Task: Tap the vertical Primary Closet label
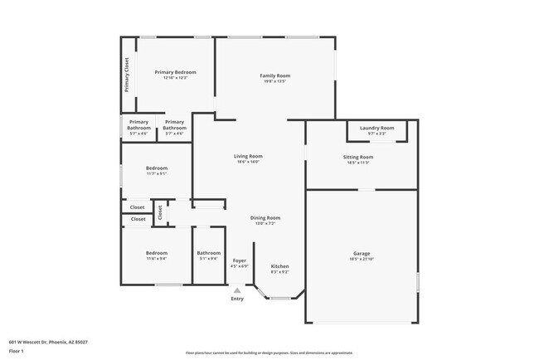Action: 127,75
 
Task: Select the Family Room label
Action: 275,75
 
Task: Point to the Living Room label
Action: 248,156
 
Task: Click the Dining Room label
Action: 265,217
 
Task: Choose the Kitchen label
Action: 279,266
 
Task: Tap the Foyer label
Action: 239,260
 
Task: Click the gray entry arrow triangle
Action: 237,290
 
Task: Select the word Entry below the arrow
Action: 238,299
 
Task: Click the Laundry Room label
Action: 376,128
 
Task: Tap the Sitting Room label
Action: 358,157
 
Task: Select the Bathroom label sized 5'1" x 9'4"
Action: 208,253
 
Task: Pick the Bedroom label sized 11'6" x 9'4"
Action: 157,253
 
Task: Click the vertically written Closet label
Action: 160,212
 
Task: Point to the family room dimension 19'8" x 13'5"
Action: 275,81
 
